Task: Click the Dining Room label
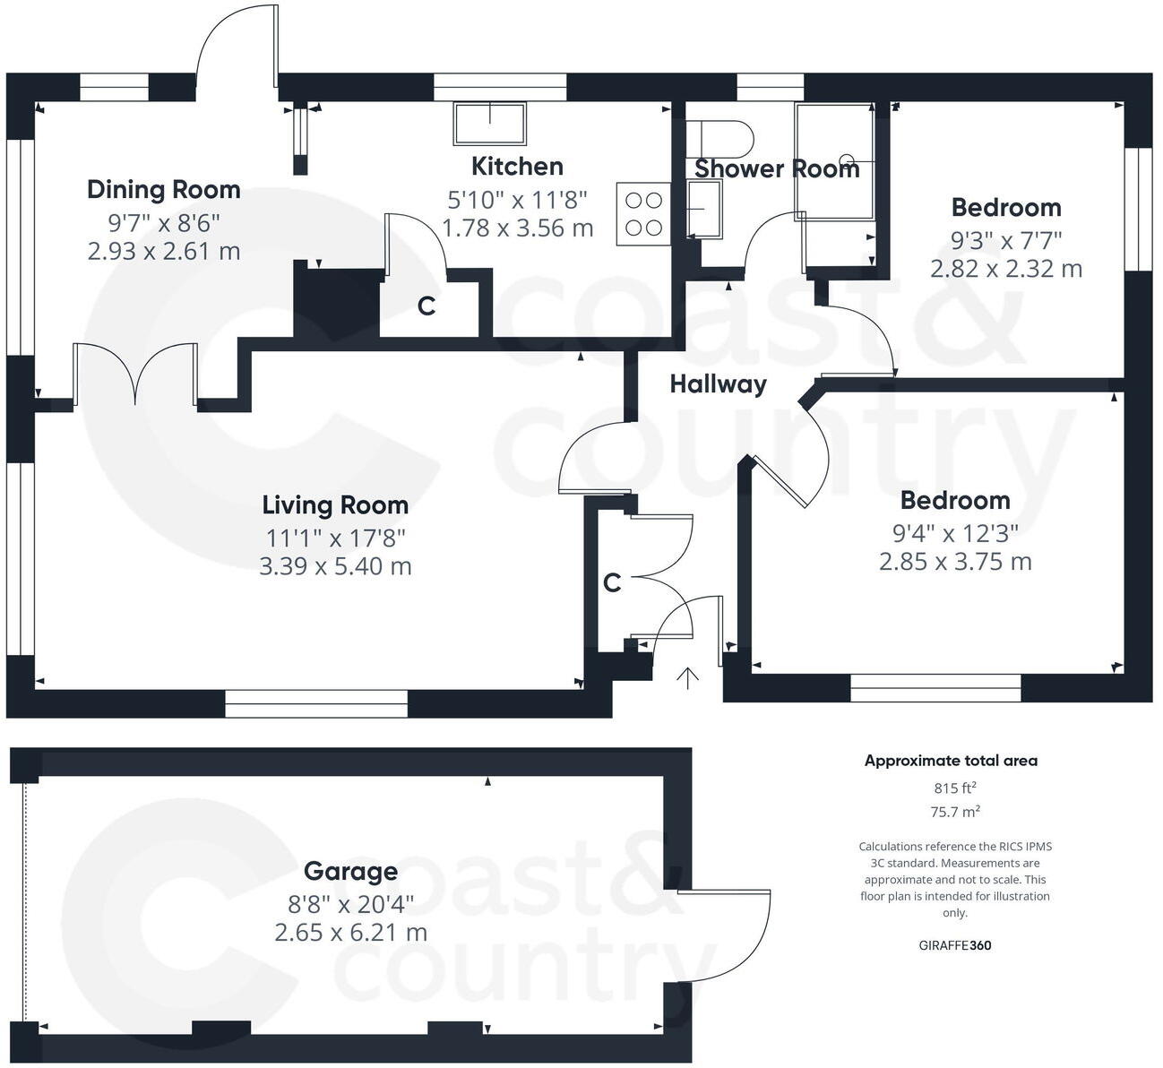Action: pyautogui.click(x=163, y=190)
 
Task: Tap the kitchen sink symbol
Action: pyautogui.click(x=489, y=124)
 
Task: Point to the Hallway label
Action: pyautogui.click(x=718, y=384)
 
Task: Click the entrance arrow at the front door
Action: pyautogui.click(x=687, y=678)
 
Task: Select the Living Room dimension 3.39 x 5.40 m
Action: pyautogui.click(x=335, y=566)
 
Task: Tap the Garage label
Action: pyautogui.click(x=350, y=871)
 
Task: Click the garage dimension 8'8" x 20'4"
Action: pyautogui.click(x=350, y=902)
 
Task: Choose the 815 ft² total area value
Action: pyautogui.click(x=954, y=788)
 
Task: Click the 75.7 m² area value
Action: pyautogui.click(x=954, y=812)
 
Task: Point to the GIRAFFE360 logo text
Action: pyautogui.click(x=955, y=945)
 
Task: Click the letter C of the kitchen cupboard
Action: pyautogui.click(x=426, y=306)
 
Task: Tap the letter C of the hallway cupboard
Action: pyautogui.click(x=612, y=583)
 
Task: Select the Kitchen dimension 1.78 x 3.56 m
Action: pyautogui.click(x=517, y=228)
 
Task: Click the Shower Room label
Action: pyautogui.click(x=776, y=168)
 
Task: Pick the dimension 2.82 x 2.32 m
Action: pyautogui.click(x=1005, y=269)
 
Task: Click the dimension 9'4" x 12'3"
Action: pyautogui.click(x=955, y=534)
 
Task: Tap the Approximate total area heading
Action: pyautogui.click(x=951, y=761)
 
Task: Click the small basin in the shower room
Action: pyautogui.click(x=704, y=209)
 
